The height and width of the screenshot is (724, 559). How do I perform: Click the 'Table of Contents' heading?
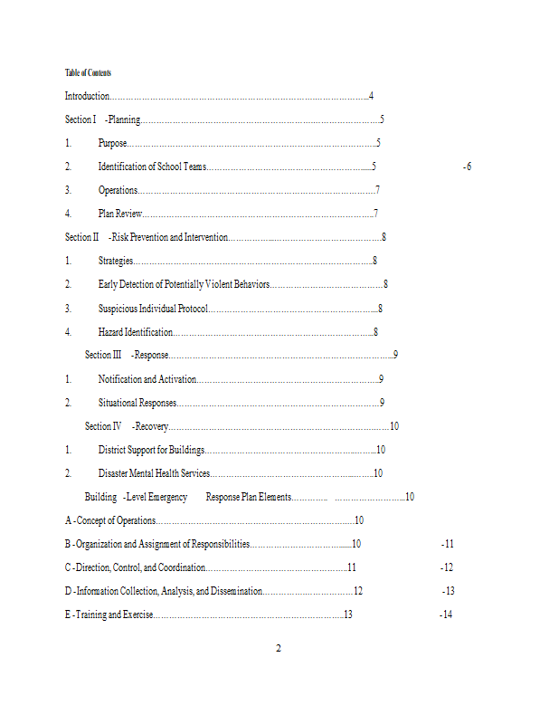88,72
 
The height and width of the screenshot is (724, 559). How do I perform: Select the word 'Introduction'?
87,96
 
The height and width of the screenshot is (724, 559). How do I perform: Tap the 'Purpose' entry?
112,143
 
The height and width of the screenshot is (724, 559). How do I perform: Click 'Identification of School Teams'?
152,167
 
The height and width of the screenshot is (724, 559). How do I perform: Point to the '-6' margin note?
467,167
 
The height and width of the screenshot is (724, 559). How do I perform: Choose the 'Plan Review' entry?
119,214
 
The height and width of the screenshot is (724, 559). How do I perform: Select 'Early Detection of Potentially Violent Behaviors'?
184,284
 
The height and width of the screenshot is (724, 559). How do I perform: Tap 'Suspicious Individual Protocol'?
153,309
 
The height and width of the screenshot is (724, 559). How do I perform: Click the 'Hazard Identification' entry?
135,332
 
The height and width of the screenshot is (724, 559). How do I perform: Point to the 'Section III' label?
102,355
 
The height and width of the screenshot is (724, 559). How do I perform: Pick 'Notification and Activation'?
146,379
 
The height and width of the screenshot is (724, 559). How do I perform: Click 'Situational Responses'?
137,403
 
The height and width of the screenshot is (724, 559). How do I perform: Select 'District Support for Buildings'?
151,450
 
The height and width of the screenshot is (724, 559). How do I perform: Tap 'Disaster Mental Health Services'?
154,473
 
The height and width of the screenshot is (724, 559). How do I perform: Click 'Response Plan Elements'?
249,497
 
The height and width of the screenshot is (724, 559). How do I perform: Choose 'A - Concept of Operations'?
109,520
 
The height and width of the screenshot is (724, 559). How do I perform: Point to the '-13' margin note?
448,591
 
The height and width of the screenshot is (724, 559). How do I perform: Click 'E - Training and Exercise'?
109,614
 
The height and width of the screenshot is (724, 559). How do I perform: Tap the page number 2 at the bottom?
279,648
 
